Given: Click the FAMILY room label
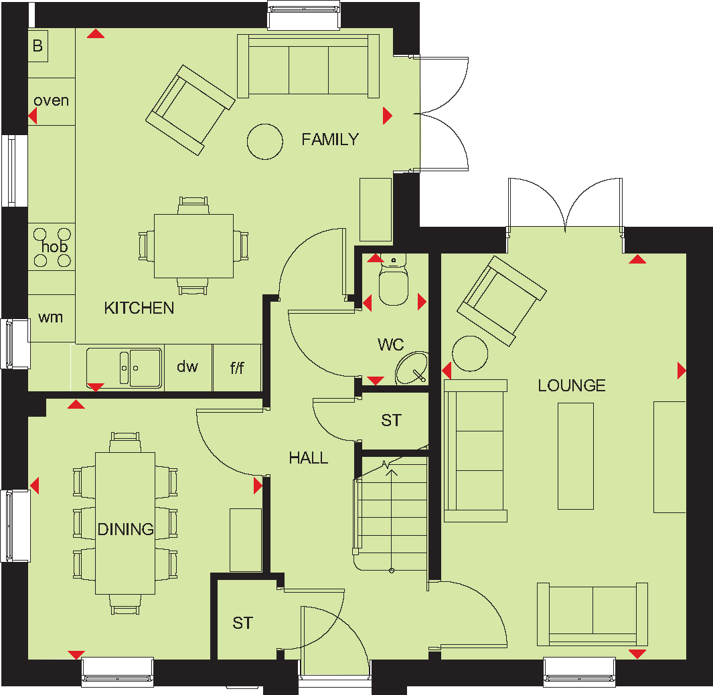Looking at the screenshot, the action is click(x=330, y=139).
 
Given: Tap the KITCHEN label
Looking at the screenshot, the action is click(x=139, y=308).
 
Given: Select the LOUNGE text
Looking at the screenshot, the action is click(x=572, y=386).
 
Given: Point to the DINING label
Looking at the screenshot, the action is click(x=125, y=529).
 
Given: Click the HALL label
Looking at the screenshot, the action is click(x=309, y=458).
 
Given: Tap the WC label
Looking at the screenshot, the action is click(x=390, y=344).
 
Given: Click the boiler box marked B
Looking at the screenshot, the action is click(x=38, y=46).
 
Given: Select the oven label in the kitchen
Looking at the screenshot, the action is click(x=52, y=100).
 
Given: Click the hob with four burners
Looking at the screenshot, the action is click(x=52, y=247).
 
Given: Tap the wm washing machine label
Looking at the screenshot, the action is click(x=50, y=317).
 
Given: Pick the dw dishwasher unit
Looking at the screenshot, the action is click(x=188, y=367).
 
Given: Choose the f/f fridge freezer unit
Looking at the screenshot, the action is click(x=237, y=367).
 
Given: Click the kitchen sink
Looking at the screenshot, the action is click(x=124, y=368).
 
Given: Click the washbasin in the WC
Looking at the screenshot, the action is click(x=412, y=368).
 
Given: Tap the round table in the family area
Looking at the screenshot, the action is click(x=265, y=142).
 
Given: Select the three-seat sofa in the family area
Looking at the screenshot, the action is click(x=309, y=66).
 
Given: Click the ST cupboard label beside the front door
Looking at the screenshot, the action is click(x=242, y=623).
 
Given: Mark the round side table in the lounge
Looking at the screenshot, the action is click(x=470, y=354).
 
